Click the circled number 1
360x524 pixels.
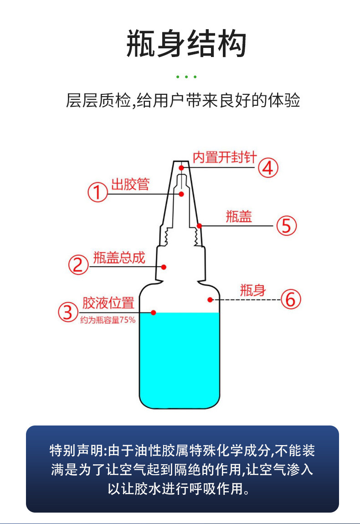tap(97, 193)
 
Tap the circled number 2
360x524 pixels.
tap(78, 265)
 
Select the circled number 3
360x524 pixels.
tap(68, 312)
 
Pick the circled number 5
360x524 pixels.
tap(287, 225)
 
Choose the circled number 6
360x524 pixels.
tap(291, 300)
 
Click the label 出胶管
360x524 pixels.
tap(130, 185)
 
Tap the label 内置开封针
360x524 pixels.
tap(225, 157)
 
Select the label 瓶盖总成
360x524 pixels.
tap(119, 258)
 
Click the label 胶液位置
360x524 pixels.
tap(108, 303)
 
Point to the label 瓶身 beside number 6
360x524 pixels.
tap(252, 290)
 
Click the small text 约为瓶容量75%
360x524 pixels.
tap(108, 320)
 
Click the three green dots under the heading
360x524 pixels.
tap(186, 77)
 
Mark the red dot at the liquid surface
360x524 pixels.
tap(154, 312)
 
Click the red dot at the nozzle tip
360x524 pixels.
tap(181, 168)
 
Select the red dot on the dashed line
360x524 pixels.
tap(210, 300)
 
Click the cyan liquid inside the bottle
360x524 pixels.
tap(180, 360)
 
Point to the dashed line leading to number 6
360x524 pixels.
tap(248, 300)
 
